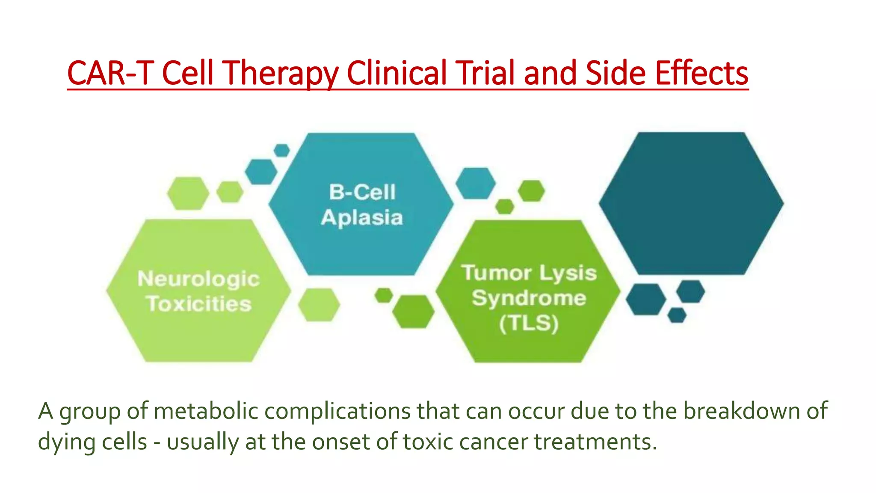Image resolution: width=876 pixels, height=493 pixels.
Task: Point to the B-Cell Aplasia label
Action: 362,205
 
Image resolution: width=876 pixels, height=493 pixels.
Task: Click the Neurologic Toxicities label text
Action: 199,291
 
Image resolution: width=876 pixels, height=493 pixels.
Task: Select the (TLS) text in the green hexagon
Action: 529,323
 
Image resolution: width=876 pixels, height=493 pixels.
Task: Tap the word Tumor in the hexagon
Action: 496,273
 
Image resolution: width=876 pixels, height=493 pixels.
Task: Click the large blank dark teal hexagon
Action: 691,203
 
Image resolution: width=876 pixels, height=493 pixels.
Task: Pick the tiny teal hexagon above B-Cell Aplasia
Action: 281,150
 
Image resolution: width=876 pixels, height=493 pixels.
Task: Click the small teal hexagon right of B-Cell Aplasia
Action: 475,183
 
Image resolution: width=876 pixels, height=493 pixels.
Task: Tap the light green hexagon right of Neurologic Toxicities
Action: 319,305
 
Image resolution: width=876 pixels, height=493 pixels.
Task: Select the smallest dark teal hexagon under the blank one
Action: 677,315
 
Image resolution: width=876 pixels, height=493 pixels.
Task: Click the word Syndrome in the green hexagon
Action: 529,298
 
